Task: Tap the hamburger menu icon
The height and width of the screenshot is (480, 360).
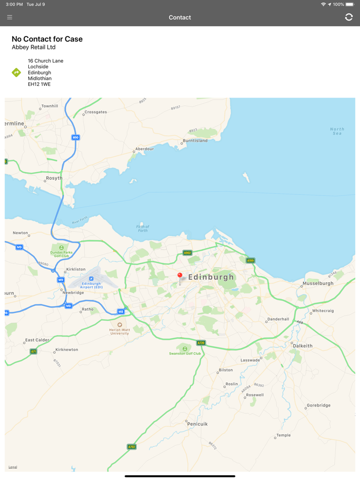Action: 10,17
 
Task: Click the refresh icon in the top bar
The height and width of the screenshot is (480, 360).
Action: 349,17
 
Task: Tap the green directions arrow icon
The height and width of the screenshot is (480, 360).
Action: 16,72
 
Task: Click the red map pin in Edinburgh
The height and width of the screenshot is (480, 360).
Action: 179,276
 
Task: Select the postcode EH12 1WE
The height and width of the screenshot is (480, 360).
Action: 39,84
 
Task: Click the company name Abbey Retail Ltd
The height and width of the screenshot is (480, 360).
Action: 33,47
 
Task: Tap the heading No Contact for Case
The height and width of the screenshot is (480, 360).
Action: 47,39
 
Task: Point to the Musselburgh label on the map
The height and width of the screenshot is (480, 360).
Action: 318,283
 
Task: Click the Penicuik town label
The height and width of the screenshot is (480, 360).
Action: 197,424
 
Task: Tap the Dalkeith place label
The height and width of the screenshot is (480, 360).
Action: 302,346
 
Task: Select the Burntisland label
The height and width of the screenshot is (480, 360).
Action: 195,140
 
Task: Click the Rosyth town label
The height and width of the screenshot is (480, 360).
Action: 54,178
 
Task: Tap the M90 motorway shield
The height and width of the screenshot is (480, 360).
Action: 76,138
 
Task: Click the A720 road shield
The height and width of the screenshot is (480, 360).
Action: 201,343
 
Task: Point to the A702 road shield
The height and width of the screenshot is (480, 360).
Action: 132,447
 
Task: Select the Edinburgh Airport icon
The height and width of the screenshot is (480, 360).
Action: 92,279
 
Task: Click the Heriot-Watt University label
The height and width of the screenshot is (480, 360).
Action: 120,331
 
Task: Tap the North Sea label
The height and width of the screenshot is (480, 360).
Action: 337,131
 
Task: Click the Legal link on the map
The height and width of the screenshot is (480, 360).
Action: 13,467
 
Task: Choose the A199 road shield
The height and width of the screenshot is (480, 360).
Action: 250,261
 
